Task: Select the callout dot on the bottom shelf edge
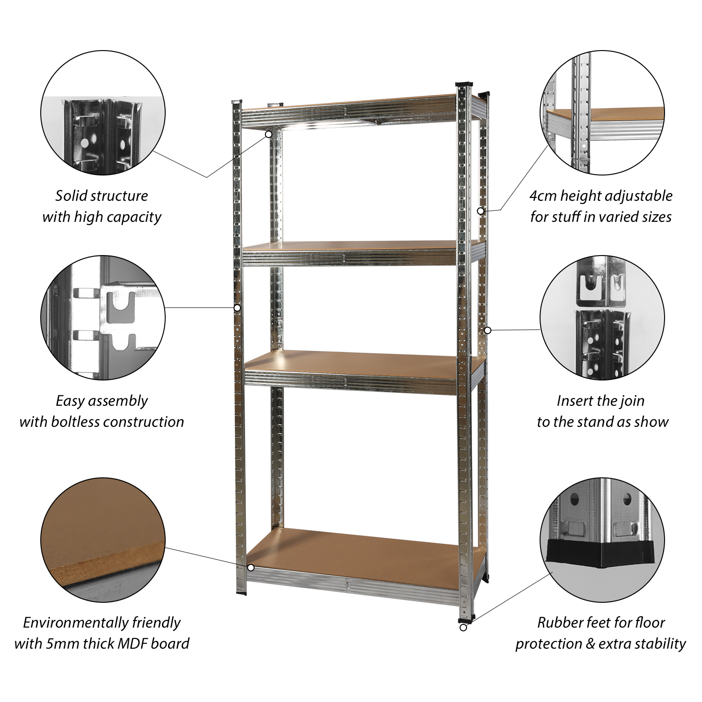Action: click(x=251, y=568)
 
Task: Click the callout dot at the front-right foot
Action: click(x=463, y=628)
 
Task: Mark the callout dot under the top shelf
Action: click(x=269, y=134)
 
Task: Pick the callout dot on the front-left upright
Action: click(x=237, y=308)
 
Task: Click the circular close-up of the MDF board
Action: click(x=103, y=540)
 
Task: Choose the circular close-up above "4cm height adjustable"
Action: click(x=602, y=113)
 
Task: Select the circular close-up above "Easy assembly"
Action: click(x=103, y=318)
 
